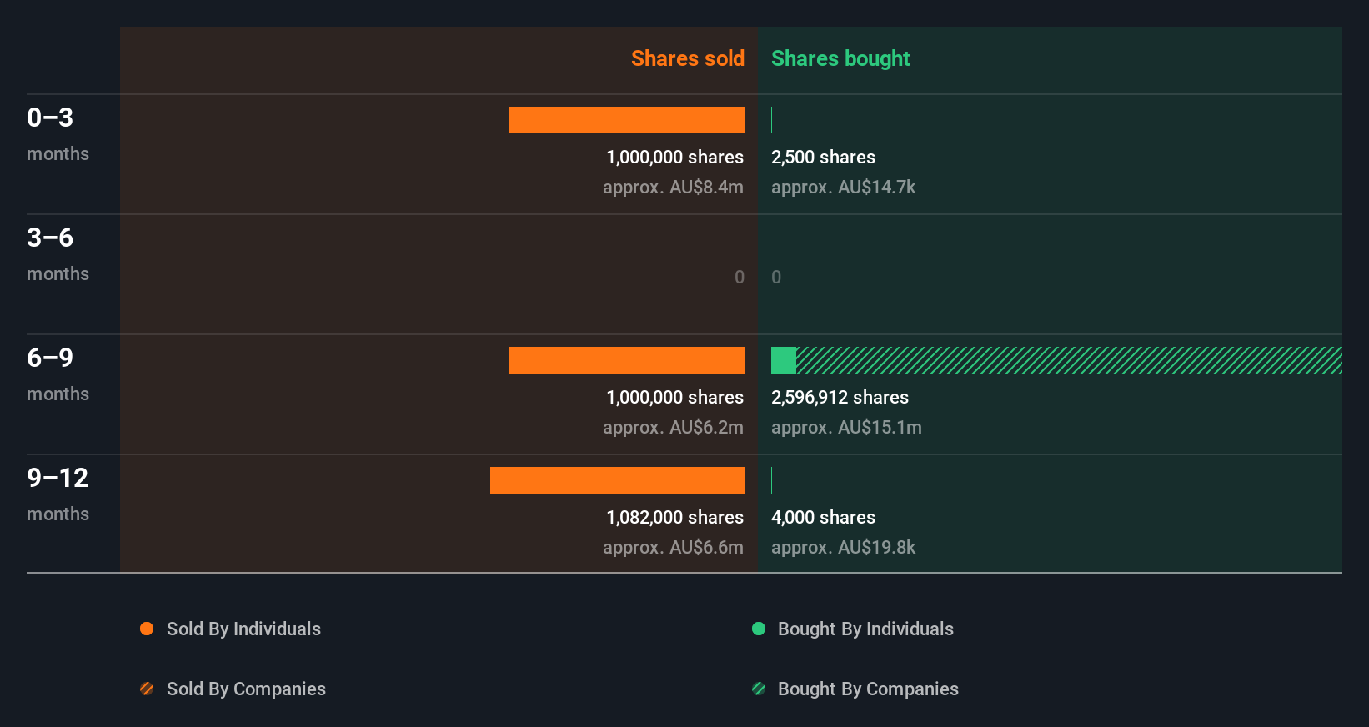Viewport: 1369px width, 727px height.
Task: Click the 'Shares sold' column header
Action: (x=687, y=58)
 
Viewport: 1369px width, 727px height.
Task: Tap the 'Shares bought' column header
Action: (x=840, y=58)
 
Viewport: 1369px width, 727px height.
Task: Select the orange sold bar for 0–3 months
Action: (x=626, y=120)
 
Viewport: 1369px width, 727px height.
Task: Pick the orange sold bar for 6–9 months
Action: (x=626, y=360)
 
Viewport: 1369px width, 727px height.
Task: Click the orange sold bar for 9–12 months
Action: (x=617, y=480)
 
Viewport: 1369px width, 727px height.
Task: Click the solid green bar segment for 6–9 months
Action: (x=783, y=360)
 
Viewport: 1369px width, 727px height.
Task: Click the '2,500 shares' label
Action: (x=823, y=157)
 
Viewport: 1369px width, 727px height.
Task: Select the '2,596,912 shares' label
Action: (x=840, y=397)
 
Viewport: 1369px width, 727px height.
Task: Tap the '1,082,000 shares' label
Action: (x=674, y=517)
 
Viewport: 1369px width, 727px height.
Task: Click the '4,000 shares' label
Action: (x=823, y=517)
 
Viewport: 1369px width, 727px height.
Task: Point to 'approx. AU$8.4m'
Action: (x=673, y=187)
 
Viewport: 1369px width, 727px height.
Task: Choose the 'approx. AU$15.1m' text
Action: (x=846, y=427)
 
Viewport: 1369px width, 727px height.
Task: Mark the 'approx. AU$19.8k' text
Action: (x=843, y=547)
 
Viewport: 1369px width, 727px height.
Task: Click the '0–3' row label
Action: (x=50, y=118)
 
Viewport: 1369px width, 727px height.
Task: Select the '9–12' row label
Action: (x=58, y=478)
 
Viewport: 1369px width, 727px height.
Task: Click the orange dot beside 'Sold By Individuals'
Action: (x=147, y=629)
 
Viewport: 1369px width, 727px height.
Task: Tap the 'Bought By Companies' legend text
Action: (x=868, y=689)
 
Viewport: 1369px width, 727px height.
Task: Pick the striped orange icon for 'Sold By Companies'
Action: (x=147, y=689)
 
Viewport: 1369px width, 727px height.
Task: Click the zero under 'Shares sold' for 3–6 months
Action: (x=739, y=277)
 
